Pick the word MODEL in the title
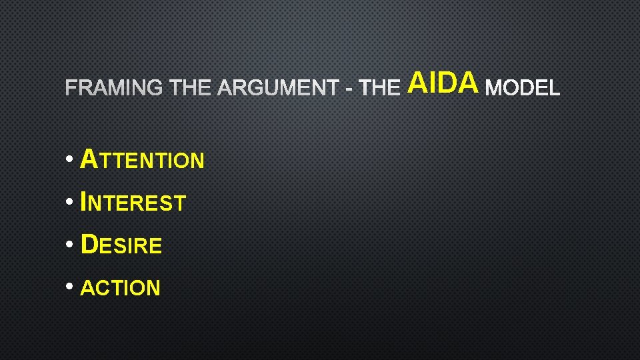pos(523,87)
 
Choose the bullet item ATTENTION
pos(142,160)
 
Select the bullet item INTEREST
pos(133,202)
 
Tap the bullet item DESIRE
pos(121,245)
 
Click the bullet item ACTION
pos(120,288)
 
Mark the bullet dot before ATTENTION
pos(70,160)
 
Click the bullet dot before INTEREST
pos(70,202)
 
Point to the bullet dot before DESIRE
pos(70,245)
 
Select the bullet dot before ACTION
pos(70,287)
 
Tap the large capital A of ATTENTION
pos(89,159)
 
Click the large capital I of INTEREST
pos(83,201)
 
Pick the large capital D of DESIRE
pos(89,244)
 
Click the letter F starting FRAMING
pos(71,87)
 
